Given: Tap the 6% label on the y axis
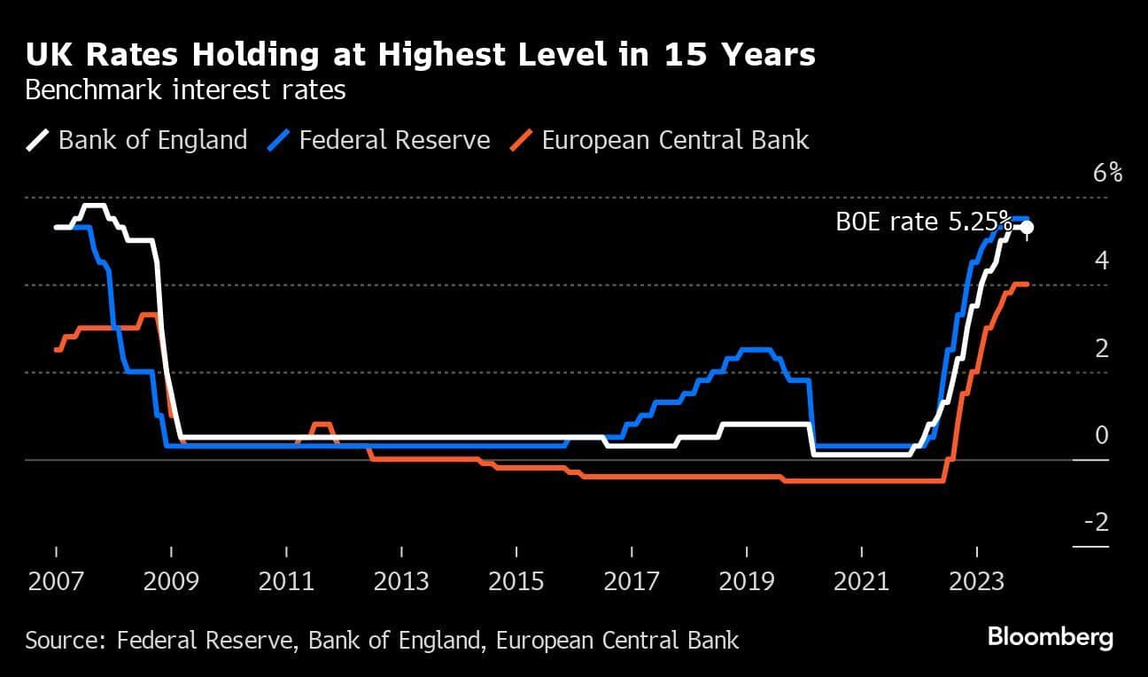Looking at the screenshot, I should click(x=1106, y=173).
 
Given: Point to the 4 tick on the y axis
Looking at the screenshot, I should click(x=1101, y=261).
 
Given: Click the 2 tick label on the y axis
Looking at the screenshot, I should click(x=1101, y=348).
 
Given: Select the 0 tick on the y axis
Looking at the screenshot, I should click(x=1101, y=435).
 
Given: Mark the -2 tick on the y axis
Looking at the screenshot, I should click(x=1096, y=523).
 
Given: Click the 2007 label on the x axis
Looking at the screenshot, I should click(x=56, y=582).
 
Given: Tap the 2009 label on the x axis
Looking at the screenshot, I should click(x=171, y=582).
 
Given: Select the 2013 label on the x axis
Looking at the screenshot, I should click(x=401, y=582).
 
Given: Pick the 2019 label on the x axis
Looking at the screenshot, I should click(x=747, y=582).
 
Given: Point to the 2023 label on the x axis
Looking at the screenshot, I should click(x=976, y=582).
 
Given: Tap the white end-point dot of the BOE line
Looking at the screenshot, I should click(x=1027, y=228).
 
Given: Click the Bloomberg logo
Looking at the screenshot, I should click(x=1050, y=637).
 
